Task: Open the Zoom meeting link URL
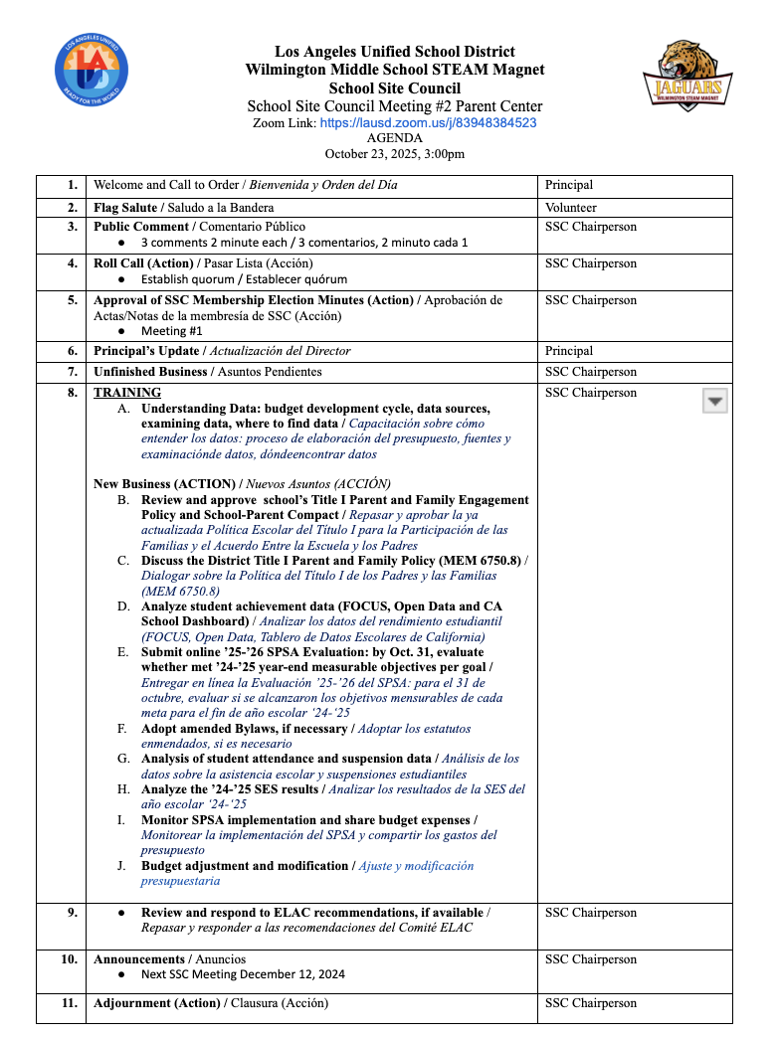point(428,123)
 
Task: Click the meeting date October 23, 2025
point(395,154)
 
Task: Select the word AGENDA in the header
point(395,138)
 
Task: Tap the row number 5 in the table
point(72,300)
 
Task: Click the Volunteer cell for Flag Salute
point(571,208)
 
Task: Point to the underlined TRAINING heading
point(127,393)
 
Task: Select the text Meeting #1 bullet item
point(171,331)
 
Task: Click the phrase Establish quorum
point(183,279)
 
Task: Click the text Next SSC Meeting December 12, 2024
point(243,975)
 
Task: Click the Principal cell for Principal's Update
point(569,351)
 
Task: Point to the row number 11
point(70,1003)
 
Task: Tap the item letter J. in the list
point(121,866)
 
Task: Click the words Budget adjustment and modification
point(245,866)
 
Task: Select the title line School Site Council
point(395,88)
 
